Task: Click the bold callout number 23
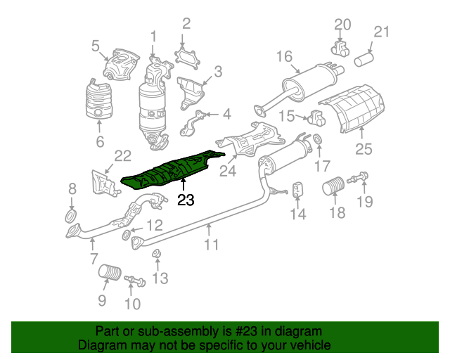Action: [x=186, y=200]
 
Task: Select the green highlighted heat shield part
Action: [x=172, y=170]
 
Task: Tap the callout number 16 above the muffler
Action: [x=284, y=56]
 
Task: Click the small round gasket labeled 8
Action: [x=71, y=216]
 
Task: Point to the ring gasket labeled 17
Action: [x=318, y=139]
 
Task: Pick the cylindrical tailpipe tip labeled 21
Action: [x=364, y=59]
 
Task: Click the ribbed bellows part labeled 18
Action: [x=333, y=186]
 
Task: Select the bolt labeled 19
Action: [x=358, y=178]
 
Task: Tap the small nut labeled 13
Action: [x=157, y=254]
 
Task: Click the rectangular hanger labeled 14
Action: [x=297, y=189]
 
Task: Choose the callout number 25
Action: [x=364, y=149]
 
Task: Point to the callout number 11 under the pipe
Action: [x=211, y=245]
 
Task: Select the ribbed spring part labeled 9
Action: [x=110, y=272]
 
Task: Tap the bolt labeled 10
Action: [x=135, y=281]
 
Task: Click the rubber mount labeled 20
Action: [x=340, y=49]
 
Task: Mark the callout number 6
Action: [x=100, y=141]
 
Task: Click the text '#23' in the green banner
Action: [x=246, y=331]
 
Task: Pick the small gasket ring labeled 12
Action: [x=126, y=235]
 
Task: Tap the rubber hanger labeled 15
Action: [x=316, y=117]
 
